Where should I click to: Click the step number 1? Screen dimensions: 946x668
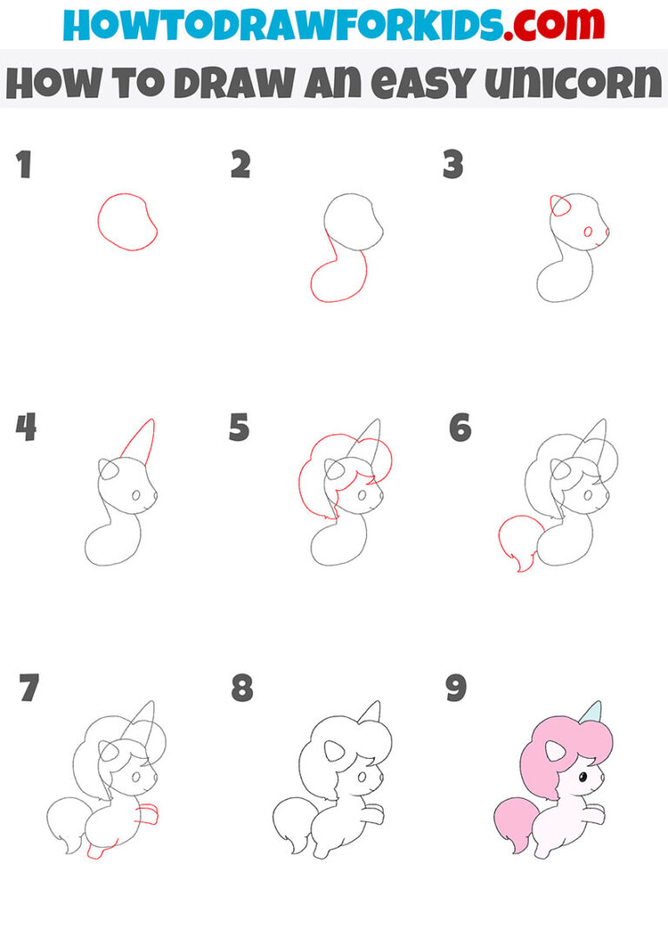click(x=23, y=164)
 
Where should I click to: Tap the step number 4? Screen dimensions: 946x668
click(x=27, y=427)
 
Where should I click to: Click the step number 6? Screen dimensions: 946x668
click(x=459, y=427)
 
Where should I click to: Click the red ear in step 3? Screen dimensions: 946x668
click(x=560, y=205)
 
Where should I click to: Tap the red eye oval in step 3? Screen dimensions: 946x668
click(x=589, y=231)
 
